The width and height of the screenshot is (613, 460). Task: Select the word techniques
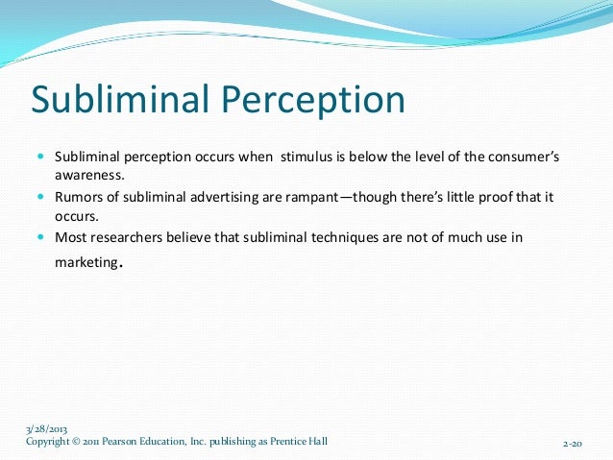coord(353,237)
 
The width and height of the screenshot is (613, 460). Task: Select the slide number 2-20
coord(573,445)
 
